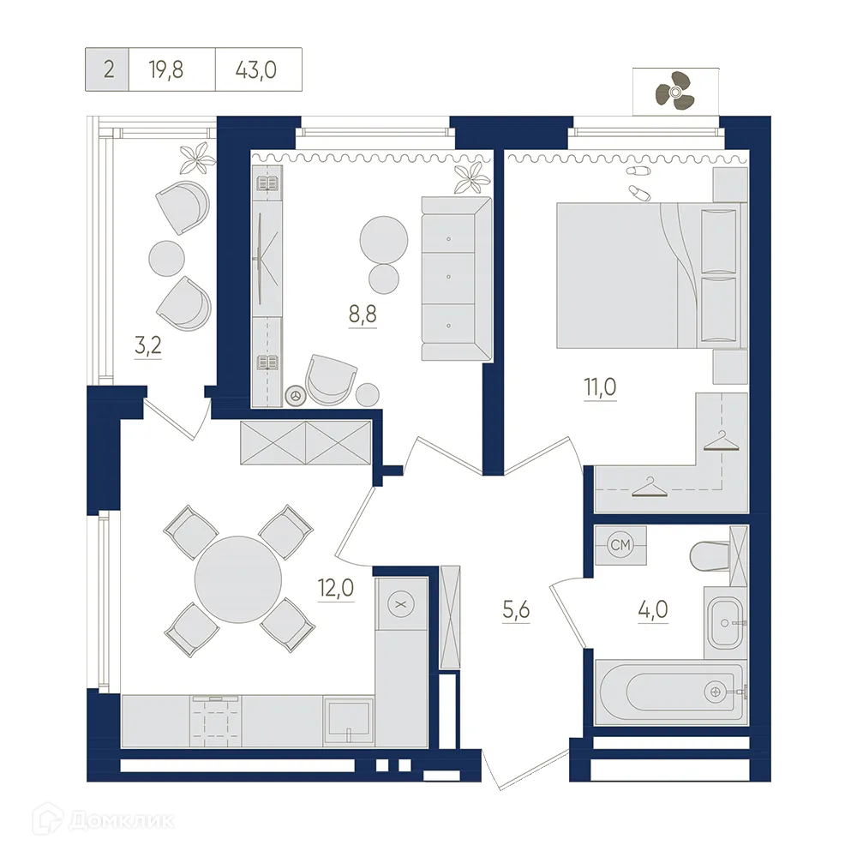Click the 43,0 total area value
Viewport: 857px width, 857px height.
255,70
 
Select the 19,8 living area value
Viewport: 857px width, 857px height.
165,70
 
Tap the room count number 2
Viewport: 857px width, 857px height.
108,70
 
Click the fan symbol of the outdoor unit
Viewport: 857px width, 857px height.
674,91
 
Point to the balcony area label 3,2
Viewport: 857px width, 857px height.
147,345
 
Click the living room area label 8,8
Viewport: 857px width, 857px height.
363,315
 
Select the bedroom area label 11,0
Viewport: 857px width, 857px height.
600,387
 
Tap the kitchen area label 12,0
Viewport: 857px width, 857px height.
336,588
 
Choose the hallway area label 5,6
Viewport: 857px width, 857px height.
516,608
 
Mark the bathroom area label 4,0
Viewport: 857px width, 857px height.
652,608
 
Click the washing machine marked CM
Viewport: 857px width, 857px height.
620,545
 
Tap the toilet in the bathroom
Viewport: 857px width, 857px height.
710,556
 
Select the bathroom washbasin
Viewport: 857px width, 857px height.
725,622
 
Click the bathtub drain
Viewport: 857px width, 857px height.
715,692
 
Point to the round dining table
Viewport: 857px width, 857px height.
238,579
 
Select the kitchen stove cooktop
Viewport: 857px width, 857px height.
216,722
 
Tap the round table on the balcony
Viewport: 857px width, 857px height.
167,258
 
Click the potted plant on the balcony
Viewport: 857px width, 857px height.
198,157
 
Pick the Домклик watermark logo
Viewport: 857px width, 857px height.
103,819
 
